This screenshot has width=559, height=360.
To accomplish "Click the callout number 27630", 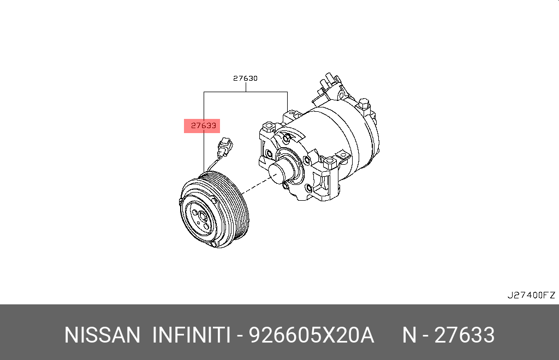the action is tap(245, 79).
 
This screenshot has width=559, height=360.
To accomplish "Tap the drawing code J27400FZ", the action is tap(531, 295).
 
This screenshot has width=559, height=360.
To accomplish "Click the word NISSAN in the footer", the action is tap(102, 335).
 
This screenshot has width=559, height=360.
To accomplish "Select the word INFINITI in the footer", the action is tap(191, 335).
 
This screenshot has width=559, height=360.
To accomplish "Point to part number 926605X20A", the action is tap(311, 335).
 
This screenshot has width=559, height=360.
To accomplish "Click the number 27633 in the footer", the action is tap(465, 335).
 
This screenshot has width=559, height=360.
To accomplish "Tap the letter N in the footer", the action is tap(409, 335).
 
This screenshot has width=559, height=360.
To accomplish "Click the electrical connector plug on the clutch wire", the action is tap(225, 147).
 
